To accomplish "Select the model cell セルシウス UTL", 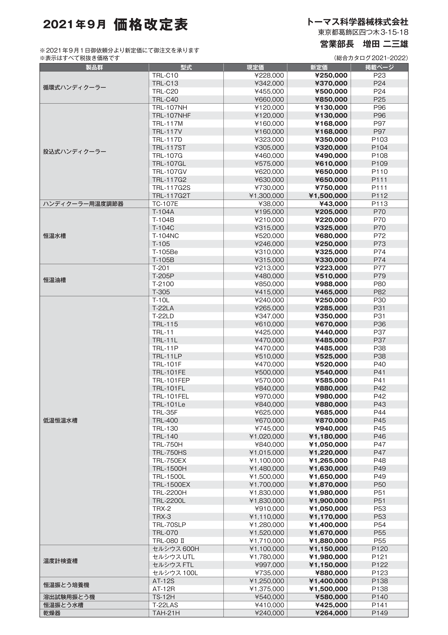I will (x=173, y=557).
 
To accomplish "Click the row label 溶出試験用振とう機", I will (x=69, y=597).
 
